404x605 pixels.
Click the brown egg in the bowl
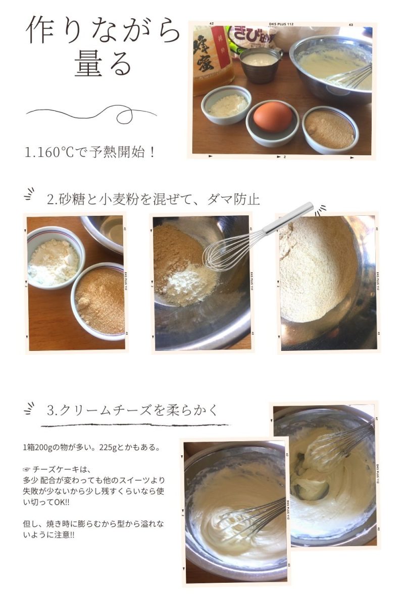(x=273, y=116)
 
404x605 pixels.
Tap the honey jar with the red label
(x=213, y=60)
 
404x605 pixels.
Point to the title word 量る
(x=103, y=63)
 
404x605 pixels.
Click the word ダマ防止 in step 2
(x=233, y=199)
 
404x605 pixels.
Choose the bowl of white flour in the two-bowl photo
(x=56, y=258)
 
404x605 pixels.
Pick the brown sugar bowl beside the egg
(x=330, y=130)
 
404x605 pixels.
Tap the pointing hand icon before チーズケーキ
(x=27, y=469)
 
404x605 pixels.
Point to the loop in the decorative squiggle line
(x=124, y=115)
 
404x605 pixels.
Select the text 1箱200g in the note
(x=37, y=448)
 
